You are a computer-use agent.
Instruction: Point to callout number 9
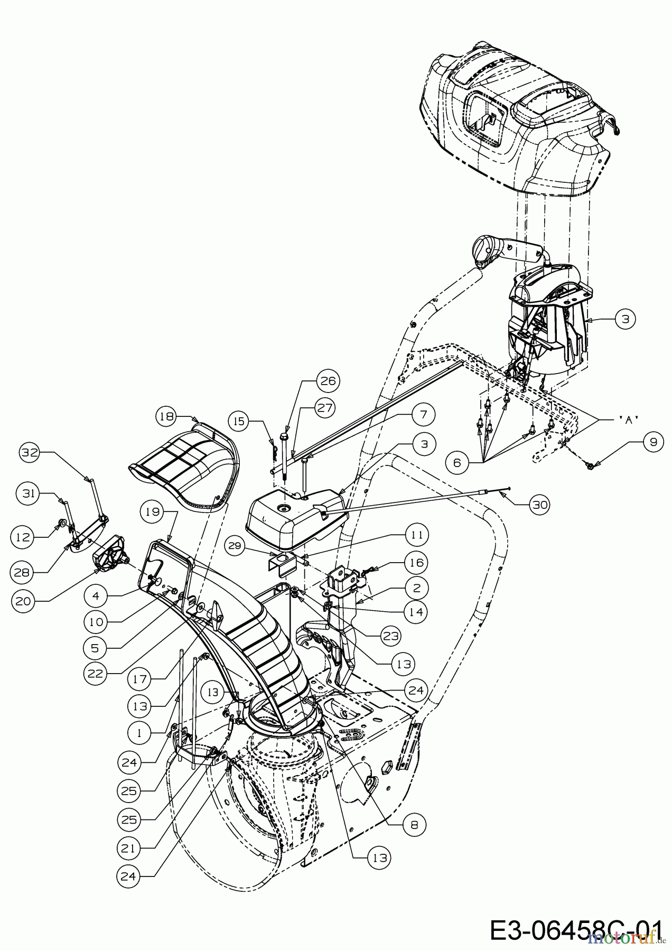point(654,442)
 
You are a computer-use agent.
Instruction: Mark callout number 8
point(414,825)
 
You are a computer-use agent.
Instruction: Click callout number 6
point(457,462)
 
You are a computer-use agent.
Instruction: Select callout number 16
point(416,563)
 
